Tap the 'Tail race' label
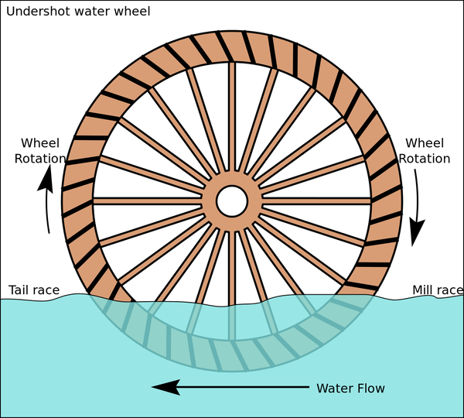34,291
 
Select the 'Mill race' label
437,291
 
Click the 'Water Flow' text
350,388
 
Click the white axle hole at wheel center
232,201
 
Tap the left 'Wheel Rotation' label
44,151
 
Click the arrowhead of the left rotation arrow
46,178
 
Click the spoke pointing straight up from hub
232,124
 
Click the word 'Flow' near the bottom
368,388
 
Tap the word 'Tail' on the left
20,291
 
